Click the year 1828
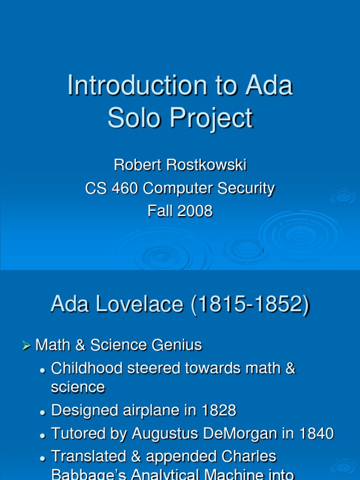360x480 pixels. (218, 411)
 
